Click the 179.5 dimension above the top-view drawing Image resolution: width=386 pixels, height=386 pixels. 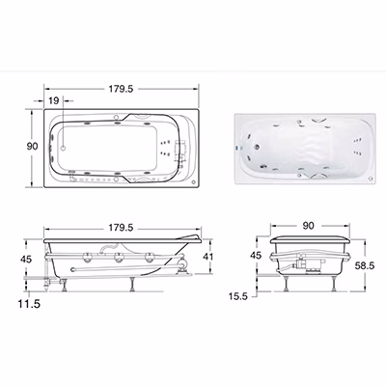[x=121, y=89]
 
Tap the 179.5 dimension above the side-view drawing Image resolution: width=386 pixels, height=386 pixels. [x=121, y=228]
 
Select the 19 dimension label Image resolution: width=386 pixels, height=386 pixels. [x=54, y=100]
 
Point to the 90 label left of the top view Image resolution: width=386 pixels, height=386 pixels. [x=32, y=147]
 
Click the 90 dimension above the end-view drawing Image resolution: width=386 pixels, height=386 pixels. [x=308, y=226]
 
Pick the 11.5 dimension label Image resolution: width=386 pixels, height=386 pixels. [x=29, y=304]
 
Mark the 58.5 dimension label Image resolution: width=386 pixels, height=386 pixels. [x=365, y=265]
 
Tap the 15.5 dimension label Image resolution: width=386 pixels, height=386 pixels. [x=238, y=296]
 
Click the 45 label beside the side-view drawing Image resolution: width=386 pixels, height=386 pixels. [x=26, y=259]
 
